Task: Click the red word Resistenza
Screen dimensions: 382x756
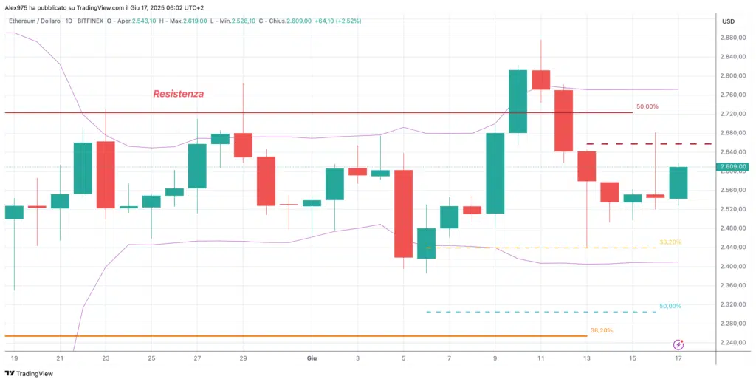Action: (x=178, y=94)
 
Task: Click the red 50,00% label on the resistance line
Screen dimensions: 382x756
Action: (x=647, y=107)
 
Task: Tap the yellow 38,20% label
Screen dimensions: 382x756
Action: (x=670, y=242)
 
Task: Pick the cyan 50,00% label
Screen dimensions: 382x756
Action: (x=670, y=306)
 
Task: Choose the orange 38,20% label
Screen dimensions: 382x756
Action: (x=601, y=330)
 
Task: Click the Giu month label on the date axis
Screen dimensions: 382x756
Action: (x=312, y=358)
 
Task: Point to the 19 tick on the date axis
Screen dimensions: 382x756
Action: (x=14, y=358)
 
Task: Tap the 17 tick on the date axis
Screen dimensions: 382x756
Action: (x=678, y=358)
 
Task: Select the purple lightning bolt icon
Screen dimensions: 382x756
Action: (x=678, y=344)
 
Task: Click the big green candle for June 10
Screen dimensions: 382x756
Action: (x=518, y=101)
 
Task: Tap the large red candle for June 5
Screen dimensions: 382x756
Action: (x=403, y=214)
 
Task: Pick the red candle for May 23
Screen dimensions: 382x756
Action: (x=106, y=175)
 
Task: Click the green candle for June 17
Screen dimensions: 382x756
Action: (x=678, y=183)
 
